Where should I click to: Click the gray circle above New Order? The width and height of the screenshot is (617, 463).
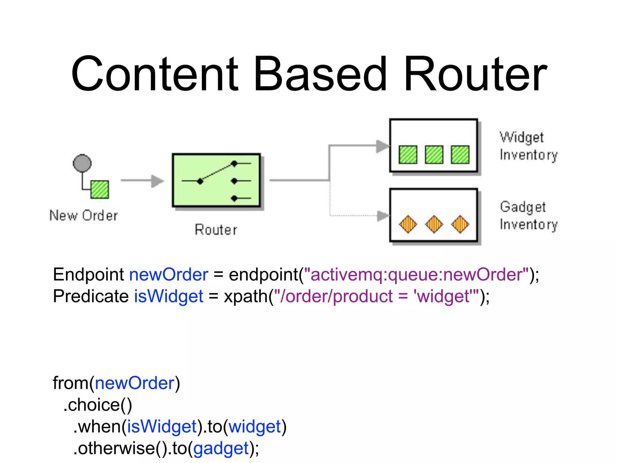(x=82, y=163)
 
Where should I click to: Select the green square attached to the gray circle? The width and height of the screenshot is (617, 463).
(x=100, y=190)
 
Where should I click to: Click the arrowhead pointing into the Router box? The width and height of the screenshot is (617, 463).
(x=157, y=181)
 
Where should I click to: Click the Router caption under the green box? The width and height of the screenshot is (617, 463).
(x=216, y=230)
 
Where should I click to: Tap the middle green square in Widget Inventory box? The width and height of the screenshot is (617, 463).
(x=434, y=155)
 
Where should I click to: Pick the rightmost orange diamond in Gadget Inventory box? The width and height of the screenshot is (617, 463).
(x=460, y=224)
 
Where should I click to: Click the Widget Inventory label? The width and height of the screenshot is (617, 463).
(x=528, y=146)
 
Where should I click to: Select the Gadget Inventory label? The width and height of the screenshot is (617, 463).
(x=528, y=216)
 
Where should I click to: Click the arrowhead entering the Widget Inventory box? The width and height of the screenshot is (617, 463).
(x=383, y=146)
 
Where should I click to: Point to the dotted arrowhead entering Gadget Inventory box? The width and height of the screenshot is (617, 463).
(x=383, y=216)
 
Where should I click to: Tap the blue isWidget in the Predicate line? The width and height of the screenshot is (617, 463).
(x=169, y=296)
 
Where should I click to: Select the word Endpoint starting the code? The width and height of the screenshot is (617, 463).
(x=88, y=275)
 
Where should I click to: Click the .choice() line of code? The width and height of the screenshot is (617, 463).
(x=98, y=405)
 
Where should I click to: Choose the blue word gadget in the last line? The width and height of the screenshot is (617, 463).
(x=221, y=448)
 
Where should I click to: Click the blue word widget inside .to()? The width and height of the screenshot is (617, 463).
(x=255, y=427)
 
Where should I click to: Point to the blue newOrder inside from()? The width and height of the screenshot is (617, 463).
(x=135, y=383)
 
